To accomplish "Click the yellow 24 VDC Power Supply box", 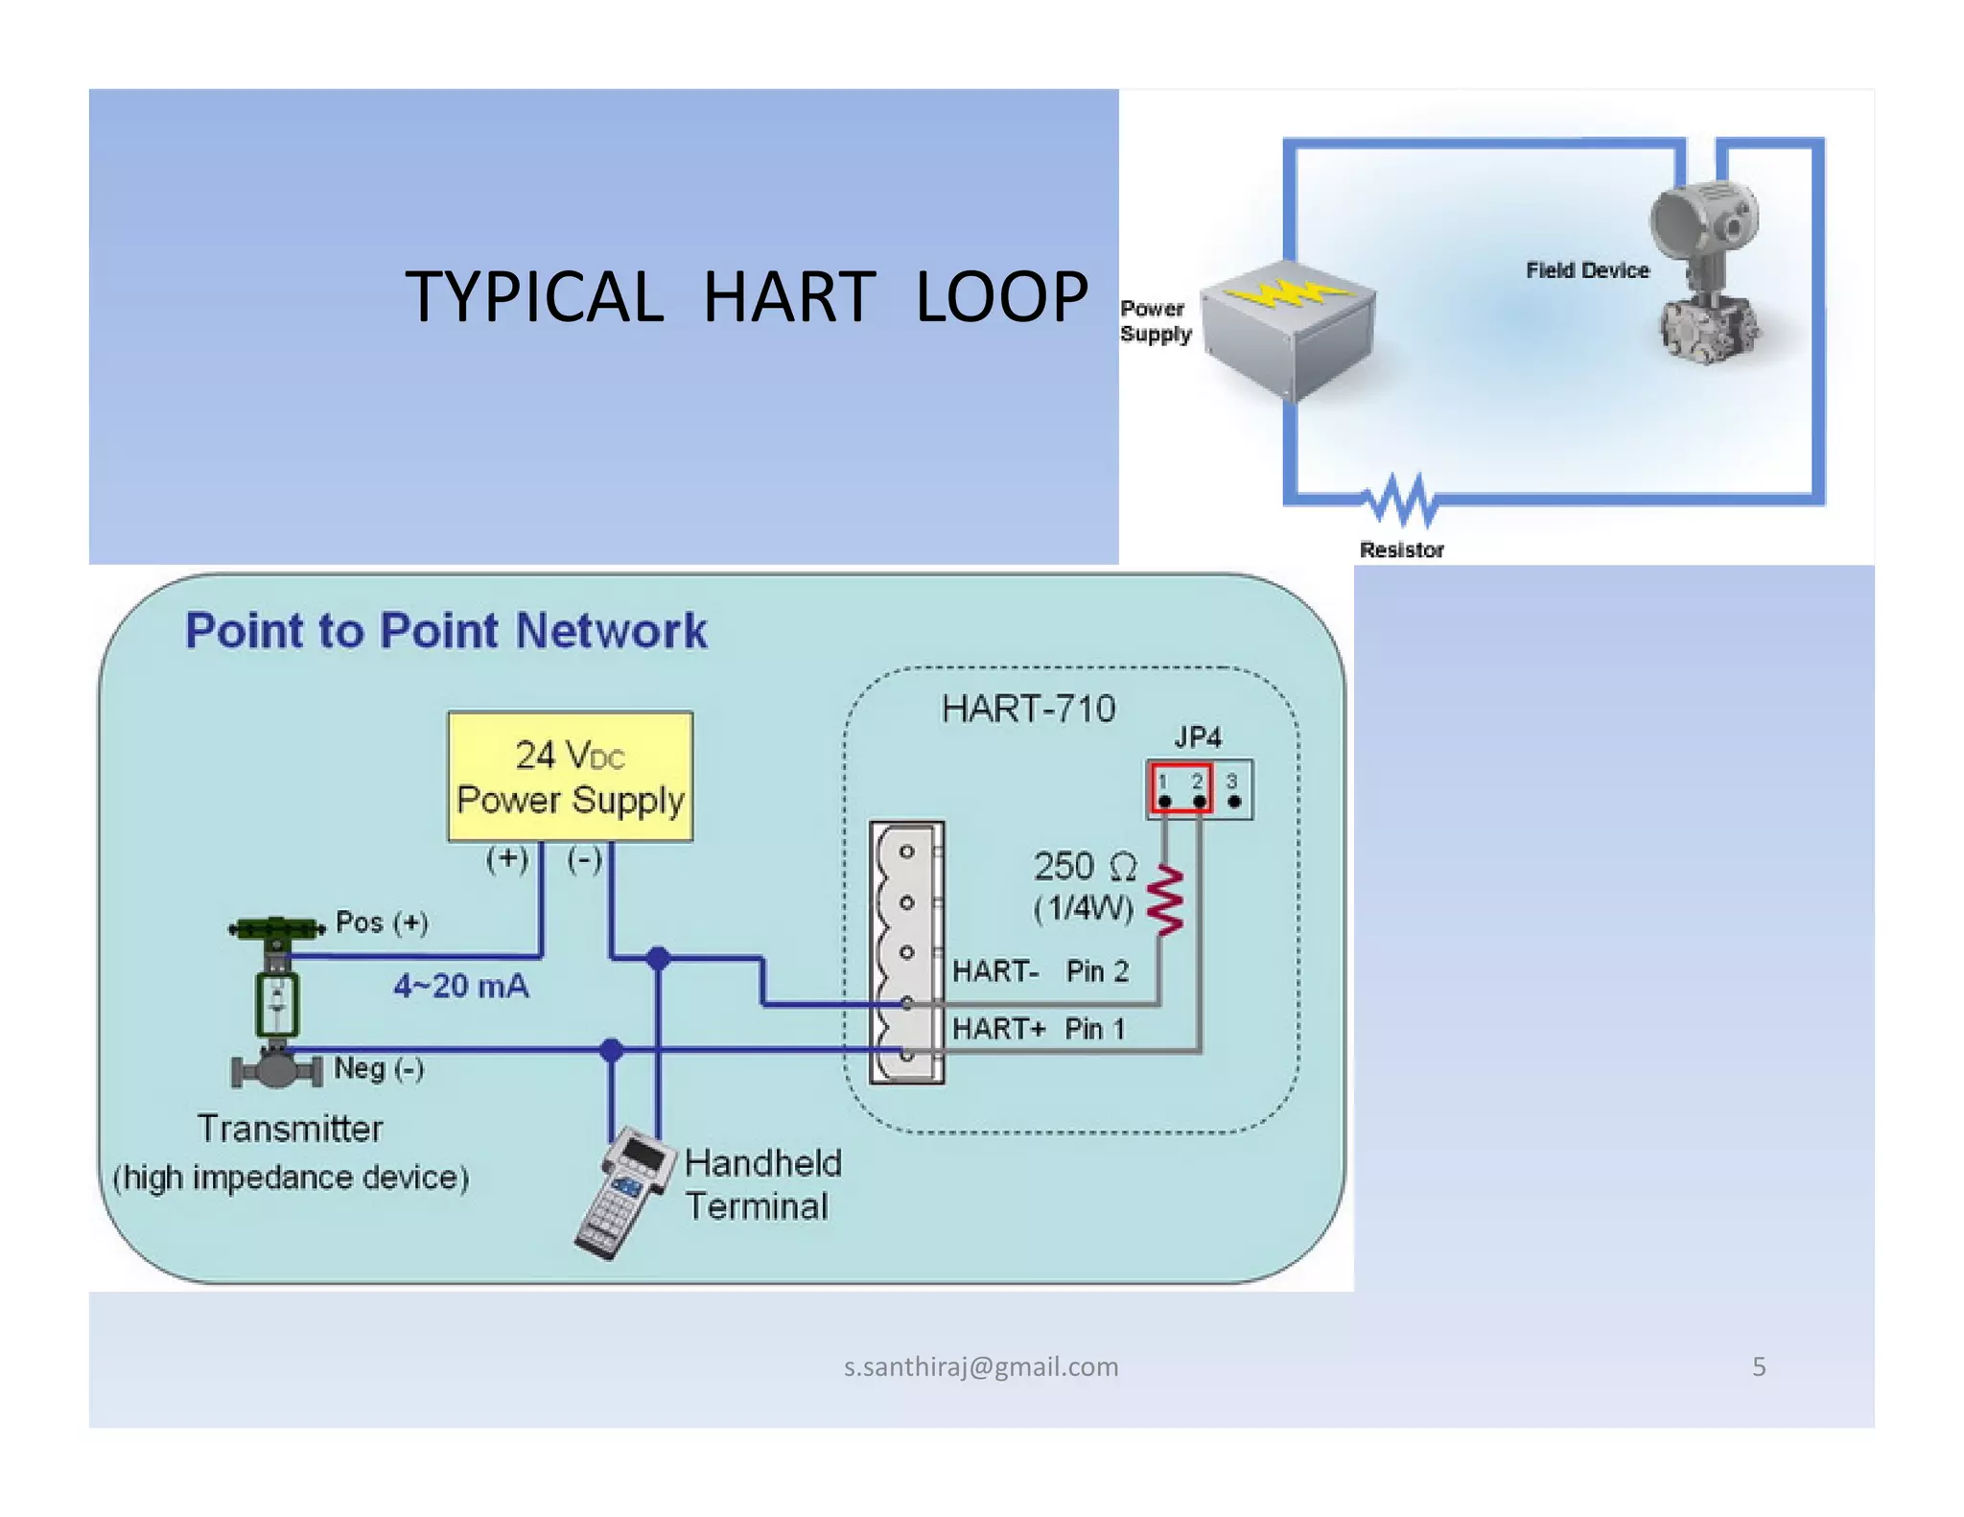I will pos(570,777).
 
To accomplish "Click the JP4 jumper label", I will pos(1198,737).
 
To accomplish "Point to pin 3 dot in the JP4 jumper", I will pos(1234,802).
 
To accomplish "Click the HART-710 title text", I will pos(1028,710).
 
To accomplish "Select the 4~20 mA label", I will pos(460,987).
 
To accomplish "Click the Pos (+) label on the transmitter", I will pos(382,922).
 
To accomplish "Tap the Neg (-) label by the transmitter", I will pos(379,1068).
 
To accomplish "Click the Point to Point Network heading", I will pos(446,631).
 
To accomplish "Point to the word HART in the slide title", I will pos(788,296).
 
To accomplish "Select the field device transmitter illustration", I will pos(1707,273).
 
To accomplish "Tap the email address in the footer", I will pos(980,1366).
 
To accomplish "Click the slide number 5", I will pos(1758,1366).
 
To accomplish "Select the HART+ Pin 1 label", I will pos(1038,1029).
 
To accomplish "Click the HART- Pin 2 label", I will pos(1040,971).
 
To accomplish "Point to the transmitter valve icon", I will pos(276,1002).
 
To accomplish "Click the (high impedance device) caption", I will pos(291,1178).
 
